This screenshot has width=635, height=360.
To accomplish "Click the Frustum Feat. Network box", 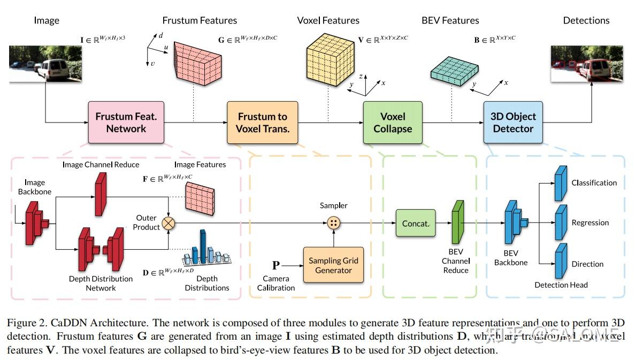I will (126, 122).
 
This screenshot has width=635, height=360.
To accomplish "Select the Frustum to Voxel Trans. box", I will (262, 122).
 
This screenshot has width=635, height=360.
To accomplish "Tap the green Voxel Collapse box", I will (392, 122).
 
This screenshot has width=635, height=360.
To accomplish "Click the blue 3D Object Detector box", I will (512, 122).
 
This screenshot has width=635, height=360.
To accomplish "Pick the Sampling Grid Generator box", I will (333, 265).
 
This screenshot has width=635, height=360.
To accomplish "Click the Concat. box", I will (416, 223).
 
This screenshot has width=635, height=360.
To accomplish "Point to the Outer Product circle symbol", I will (169, 223).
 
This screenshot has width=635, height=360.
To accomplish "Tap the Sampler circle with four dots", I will (334, 223).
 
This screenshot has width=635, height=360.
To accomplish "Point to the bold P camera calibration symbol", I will (276, 265).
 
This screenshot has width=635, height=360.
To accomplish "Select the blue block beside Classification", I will (560, 182).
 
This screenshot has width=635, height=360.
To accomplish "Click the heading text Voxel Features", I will (328, 20).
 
